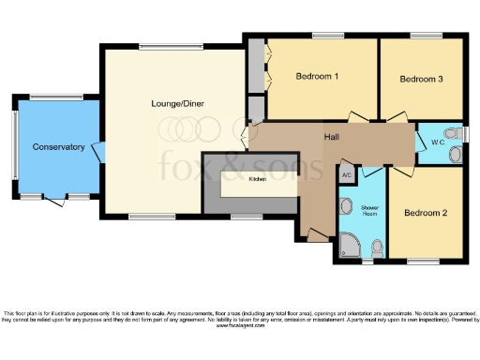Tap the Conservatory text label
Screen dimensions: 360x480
[58, 147]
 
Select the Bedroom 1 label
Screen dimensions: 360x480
[317, 76]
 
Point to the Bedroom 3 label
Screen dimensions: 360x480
[421, 80]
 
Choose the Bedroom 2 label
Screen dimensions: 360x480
[425, 213]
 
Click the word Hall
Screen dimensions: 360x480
[332, 138]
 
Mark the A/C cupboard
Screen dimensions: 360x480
[346, 174]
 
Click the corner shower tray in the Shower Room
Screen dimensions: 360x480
[348, 245]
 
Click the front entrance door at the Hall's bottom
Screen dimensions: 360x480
[316, 238]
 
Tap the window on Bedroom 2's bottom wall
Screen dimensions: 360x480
[424, 260]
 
